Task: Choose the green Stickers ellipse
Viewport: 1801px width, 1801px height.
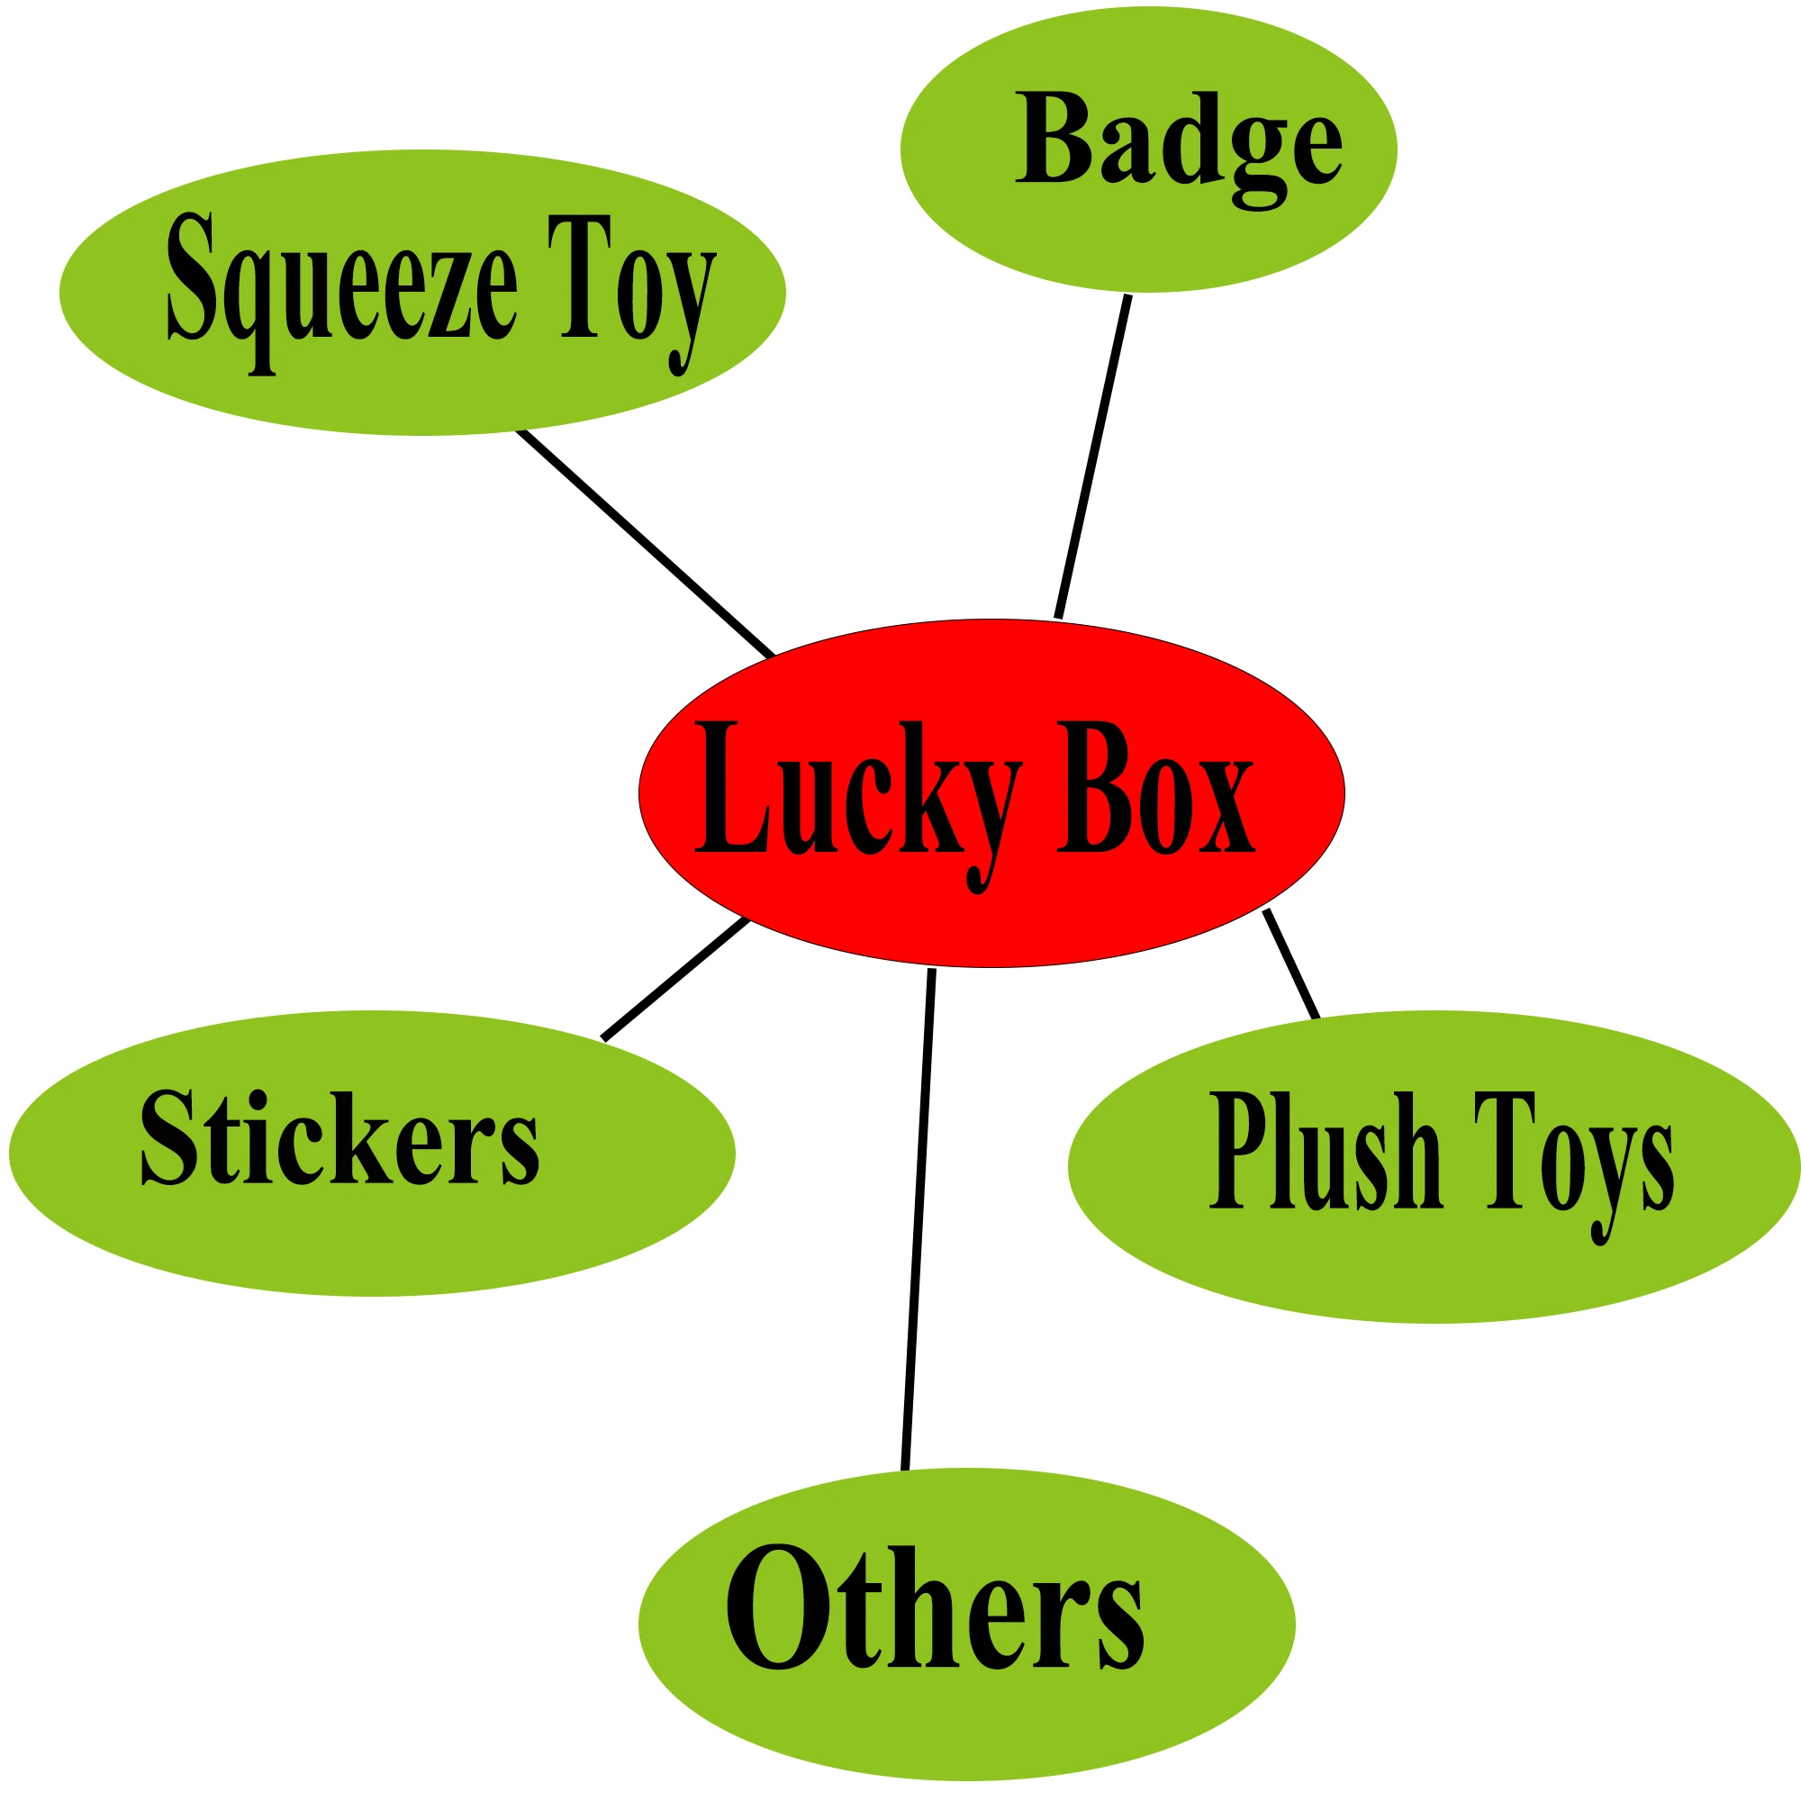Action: (x=371, y=1230)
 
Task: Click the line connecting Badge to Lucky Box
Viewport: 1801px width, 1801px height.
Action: (x=1093, y=457)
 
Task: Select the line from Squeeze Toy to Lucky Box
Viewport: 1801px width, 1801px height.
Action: (x=645, y=544)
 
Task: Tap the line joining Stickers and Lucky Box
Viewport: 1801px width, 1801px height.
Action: (x=674, y=978)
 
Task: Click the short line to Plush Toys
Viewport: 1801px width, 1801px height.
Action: (x=1291, y=964)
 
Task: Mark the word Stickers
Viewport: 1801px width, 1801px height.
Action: (x=339, y=1137)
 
